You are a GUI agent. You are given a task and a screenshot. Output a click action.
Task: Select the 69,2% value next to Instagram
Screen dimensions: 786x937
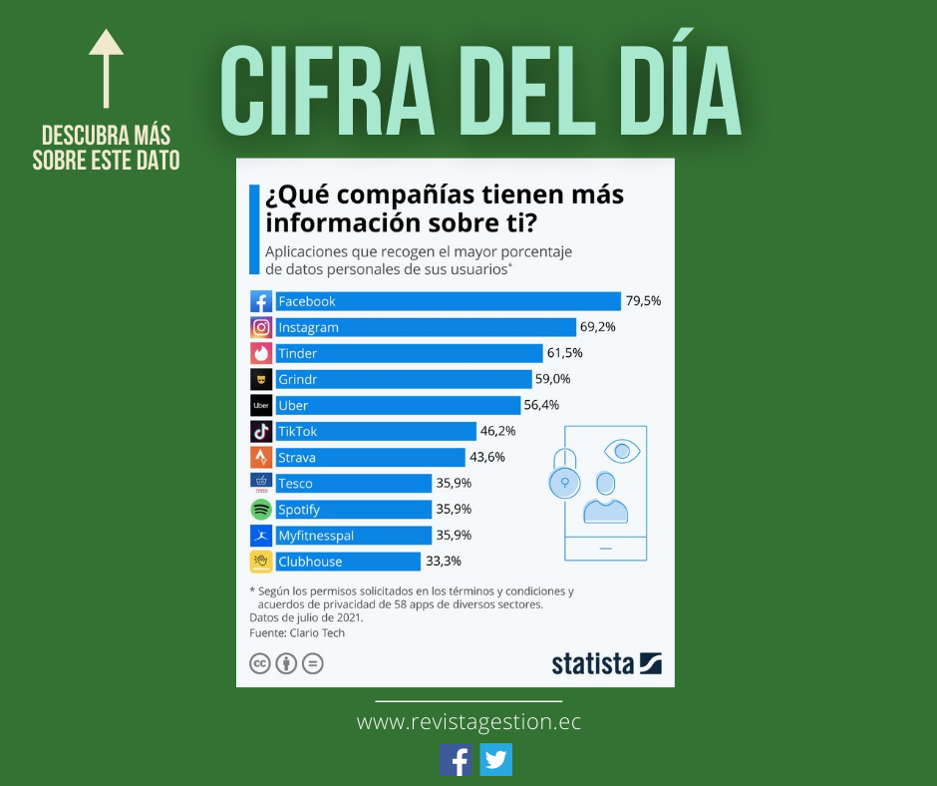click(x=598, y=327)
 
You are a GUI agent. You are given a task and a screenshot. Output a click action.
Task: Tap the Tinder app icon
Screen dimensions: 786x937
click(x=261, y=353)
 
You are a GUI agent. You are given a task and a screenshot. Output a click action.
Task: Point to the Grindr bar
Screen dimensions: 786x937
click(x=403, y=379)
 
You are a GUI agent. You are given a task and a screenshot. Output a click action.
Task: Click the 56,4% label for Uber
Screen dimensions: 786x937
click(x=541, y=405)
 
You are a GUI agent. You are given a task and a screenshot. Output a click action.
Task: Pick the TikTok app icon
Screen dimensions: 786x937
click(x=261, y=431)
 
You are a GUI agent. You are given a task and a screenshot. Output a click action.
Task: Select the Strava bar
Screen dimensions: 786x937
click(x=369, y=457)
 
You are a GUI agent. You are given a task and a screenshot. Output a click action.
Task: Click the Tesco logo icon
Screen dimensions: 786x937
click(x=261, y=483)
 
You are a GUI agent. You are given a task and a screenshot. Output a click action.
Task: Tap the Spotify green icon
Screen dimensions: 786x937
click(x=261, y=509)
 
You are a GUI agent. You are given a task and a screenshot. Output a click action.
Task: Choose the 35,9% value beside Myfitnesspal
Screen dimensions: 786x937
click(x=454, y=536)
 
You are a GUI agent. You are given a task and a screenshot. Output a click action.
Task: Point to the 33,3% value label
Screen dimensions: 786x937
click(x=443, y=562)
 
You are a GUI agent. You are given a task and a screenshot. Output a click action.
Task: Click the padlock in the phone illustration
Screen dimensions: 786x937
click(x=565, y=481)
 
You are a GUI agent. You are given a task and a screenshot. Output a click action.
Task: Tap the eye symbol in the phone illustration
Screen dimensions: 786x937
click(x=622, y=452)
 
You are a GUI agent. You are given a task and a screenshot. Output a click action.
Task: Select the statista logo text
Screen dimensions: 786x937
click(x=594, y=663)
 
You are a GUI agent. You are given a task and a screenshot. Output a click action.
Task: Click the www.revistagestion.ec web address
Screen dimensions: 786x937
click(x=468, y=721)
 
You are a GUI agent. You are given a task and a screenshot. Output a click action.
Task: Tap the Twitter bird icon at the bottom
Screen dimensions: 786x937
click(x=495, y=760)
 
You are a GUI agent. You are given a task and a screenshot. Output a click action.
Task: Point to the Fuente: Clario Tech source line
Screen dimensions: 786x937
click(x=297, y=632)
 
